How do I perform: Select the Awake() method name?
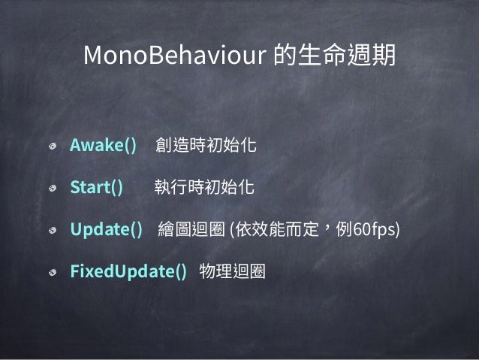[103, 145]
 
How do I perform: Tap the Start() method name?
[96, 187]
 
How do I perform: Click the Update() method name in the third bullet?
[106, 229]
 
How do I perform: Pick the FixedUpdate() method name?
[128, 271]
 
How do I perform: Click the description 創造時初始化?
[205, 145]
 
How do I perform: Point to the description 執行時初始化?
[204, 187]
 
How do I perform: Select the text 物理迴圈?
[233, 271]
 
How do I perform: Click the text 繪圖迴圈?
[191, 229]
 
